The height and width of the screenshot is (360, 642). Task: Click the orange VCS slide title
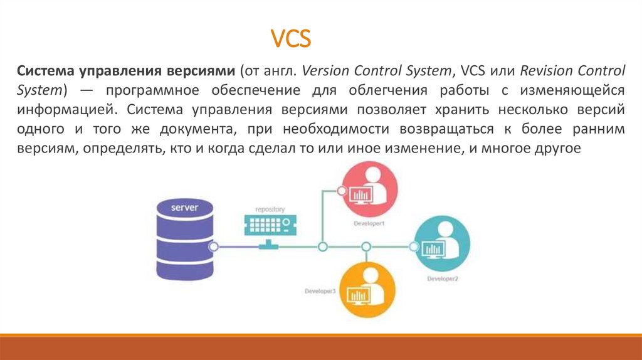click(290, 38)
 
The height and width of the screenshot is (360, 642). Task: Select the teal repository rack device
click(270, 224)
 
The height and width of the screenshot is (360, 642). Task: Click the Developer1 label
click(368, 223)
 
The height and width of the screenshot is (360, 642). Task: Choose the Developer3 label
click(320, 291)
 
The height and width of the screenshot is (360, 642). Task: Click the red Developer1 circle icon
click(367, 190)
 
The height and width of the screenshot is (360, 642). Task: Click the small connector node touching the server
click(214, 247)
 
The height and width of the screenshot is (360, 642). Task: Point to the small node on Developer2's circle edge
click(416, 247)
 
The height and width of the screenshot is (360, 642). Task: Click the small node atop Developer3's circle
click(366, 267)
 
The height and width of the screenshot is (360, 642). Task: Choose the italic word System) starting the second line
click(41, 90)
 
